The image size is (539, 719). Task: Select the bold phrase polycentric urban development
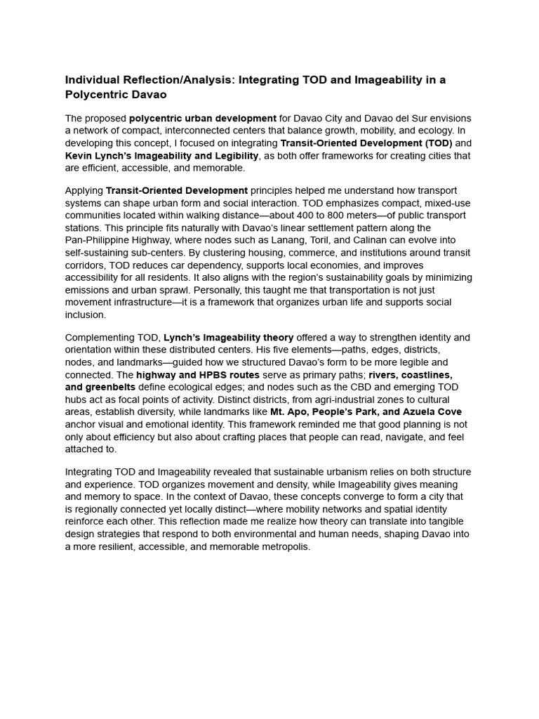[202, 118]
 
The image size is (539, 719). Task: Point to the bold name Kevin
[79, 155]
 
